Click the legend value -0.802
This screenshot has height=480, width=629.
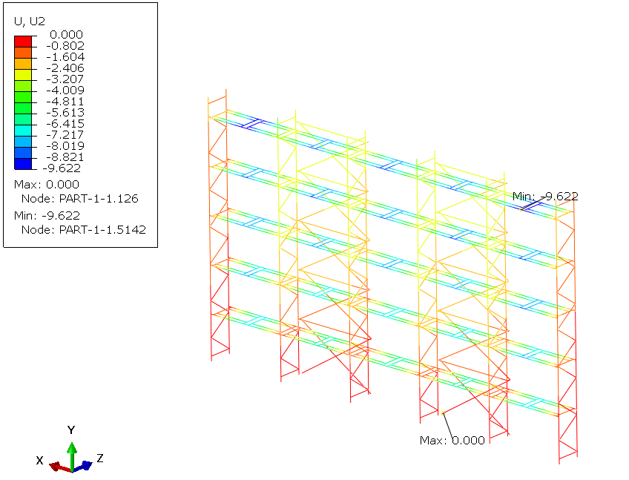[65, 46]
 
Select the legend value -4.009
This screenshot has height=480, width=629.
[65, 91]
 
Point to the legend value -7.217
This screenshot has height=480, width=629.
[65, 135]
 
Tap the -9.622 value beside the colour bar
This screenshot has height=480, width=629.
[62, 168]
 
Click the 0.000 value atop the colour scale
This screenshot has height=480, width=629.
[66, 35]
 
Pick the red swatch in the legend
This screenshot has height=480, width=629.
[23, 42]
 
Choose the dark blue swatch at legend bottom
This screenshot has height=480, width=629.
[23, 164]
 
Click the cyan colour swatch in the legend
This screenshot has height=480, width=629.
[23, 131]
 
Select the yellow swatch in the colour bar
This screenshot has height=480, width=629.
[23, 75]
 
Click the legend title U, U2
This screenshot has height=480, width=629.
[29, 22]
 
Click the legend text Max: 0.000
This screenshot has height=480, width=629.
[47, 185]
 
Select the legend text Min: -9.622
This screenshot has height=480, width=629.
[47, 216]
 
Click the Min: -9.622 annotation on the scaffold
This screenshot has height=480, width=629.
[546, 197]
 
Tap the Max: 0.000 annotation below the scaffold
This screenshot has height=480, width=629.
[452, 441]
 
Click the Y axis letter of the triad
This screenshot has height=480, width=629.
[71, 430]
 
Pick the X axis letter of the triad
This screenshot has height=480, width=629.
[39, 460]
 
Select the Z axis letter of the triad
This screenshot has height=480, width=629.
[100, 458]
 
